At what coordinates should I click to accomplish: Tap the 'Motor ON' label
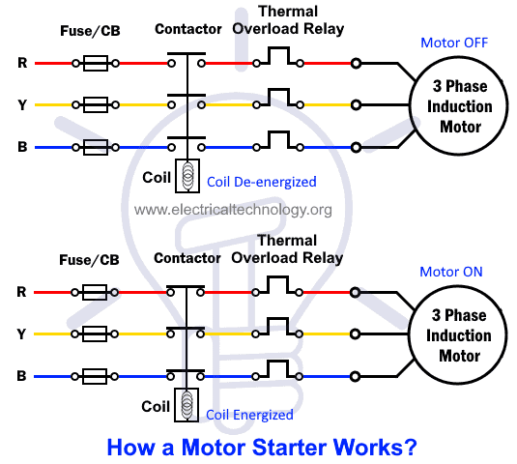450,272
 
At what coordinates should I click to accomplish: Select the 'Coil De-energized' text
262,182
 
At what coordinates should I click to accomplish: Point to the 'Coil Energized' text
249,415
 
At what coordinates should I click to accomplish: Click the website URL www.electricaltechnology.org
233,209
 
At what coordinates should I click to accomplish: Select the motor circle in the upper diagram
454,106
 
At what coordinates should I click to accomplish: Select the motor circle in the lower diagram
454,333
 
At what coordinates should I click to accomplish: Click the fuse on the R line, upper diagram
95,64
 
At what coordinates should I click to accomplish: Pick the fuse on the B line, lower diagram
95,375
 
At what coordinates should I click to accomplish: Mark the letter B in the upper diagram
22,148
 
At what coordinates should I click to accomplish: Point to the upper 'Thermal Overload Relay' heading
287,20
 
